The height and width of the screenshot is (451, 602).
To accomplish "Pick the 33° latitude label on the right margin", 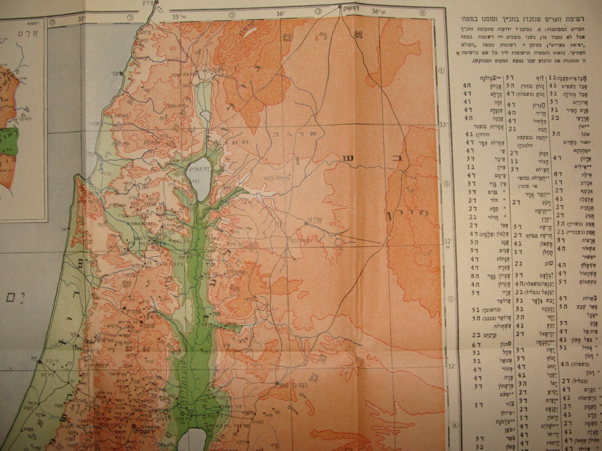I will pyautogui.click(x=445, y=124).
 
